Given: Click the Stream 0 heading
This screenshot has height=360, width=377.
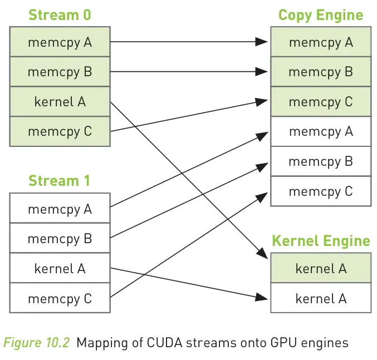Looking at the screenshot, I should pyautogui.click(x=60, y=14).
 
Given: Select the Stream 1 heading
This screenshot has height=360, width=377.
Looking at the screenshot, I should pyautogui.click(x=60, y=181).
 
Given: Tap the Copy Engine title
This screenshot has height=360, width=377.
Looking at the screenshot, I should pyautogui.click(x=320, y=14).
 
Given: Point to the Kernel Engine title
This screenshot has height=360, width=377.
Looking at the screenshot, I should pyautogui.click(x=320, y=241).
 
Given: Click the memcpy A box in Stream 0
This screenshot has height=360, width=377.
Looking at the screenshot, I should pyautogui.click(x=60, y=42).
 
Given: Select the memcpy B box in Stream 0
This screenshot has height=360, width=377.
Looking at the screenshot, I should pyautogui.click(x=60, y=72).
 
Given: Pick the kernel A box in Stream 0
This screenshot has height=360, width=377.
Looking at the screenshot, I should pyautogui.click(x=60, y=102).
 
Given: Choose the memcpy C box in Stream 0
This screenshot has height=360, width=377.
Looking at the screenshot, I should pyautogui.click(x=60, y=132).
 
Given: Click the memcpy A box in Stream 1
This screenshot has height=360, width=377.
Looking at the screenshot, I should pyautogui.click(x=60, y=209).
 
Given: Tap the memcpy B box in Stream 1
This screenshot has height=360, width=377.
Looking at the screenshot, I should pyautogui.click(x=60, y=239).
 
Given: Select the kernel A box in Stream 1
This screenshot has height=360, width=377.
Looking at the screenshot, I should pyautogui.click(x=60, y=269).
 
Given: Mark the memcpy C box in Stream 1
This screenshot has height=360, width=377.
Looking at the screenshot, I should pyautogui.click(x=60, y=299).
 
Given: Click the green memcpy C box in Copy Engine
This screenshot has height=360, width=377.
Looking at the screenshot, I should pyautogui.click(x=321, y=102).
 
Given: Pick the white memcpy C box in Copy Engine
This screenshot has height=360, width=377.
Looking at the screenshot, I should pyautogui.click(x=321, y=191).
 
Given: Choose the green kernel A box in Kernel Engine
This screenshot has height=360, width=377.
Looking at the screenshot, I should pyautogui.click(x=321, y=268).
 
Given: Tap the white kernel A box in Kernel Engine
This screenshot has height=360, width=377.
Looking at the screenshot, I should pyautogui.click(x=321, y=298).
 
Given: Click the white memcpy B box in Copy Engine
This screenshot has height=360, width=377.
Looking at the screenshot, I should pyautogui.click(x=321, y=161).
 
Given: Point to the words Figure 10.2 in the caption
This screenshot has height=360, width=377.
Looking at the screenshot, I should pyautogui.click(x=37, y=342).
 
